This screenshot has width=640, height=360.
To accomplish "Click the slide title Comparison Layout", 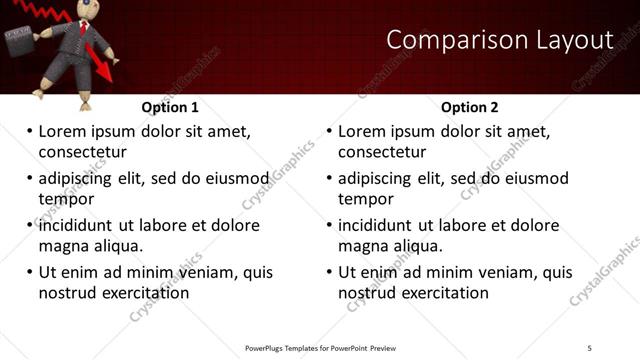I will coord(499,40).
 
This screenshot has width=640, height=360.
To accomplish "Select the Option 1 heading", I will coord(170,107).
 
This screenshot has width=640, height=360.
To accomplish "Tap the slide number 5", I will coord(590,347).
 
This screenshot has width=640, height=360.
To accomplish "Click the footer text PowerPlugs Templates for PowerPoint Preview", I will coord(320,347).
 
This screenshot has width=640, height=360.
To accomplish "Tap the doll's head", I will coord(83,9).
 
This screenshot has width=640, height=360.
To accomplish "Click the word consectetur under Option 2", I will coord(382,152).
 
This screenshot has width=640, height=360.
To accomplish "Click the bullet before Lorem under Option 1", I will coord(29,131).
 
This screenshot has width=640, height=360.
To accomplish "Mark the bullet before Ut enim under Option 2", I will coord(329,272).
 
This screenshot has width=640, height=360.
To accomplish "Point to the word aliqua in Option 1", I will coord(117,246).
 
